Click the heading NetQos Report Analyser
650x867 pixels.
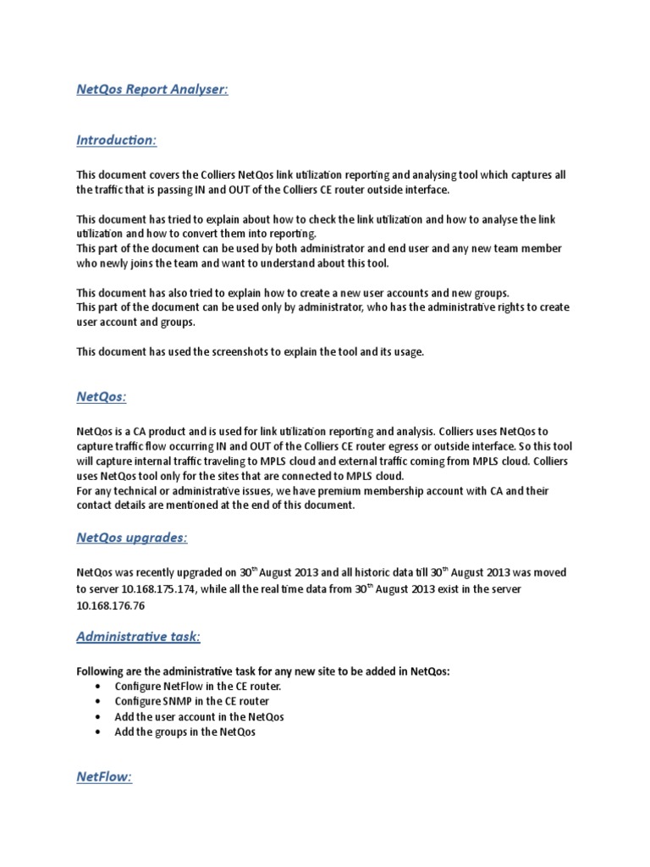click(152, 90)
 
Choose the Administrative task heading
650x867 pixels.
click(139, 636)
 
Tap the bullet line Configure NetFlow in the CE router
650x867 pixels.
click(197, 687)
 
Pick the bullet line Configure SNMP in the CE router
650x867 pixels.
click(192, 702)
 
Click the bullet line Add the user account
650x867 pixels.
click(199, 717)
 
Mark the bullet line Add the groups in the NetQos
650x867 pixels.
click(185, 732)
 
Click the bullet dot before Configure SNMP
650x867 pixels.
click(100, 702)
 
